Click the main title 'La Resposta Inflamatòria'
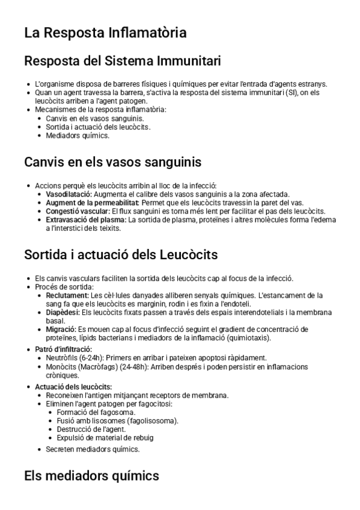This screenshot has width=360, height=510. point(105,32)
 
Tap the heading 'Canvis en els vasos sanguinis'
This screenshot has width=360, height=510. point(112,162)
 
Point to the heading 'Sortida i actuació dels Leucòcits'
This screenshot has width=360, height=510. point(121,254)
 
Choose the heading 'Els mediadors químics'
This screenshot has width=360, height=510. point(91,476)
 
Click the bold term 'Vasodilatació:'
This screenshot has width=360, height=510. point(69,194)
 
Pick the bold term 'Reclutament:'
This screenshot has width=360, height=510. point(67,295)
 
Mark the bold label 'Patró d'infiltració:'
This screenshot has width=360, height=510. point(63,349)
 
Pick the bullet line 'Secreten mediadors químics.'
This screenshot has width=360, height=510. point(93,449)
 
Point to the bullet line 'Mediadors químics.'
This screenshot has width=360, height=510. point(78,135)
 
